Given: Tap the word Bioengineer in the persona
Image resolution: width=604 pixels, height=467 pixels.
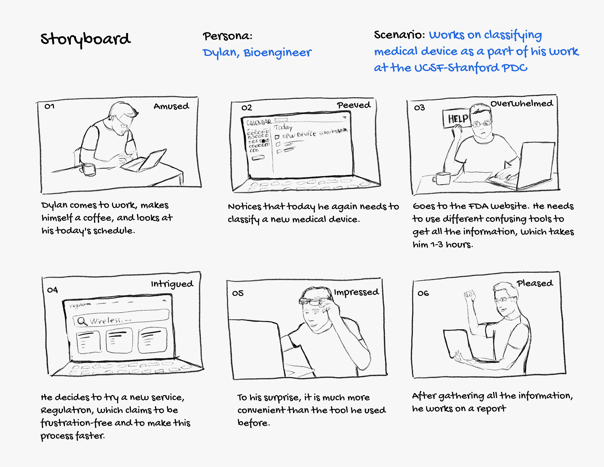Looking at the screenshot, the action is (277, 53).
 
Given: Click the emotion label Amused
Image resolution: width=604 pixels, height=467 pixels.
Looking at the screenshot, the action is (171, 106).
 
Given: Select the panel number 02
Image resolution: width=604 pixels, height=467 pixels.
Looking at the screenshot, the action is (246, 108).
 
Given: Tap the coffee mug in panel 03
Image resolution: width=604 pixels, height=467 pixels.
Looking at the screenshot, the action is (443, 178).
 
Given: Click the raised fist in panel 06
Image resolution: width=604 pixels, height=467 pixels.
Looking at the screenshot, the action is (469, 294).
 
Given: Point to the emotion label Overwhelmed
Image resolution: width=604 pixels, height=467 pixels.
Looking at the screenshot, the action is (522, 104).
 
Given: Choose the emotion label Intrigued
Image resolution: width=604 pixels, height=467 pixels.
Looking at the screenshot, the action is (172, 284).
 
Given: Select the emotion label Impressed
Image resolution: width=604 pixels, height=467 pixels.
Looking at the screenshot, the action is (356, 292).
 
